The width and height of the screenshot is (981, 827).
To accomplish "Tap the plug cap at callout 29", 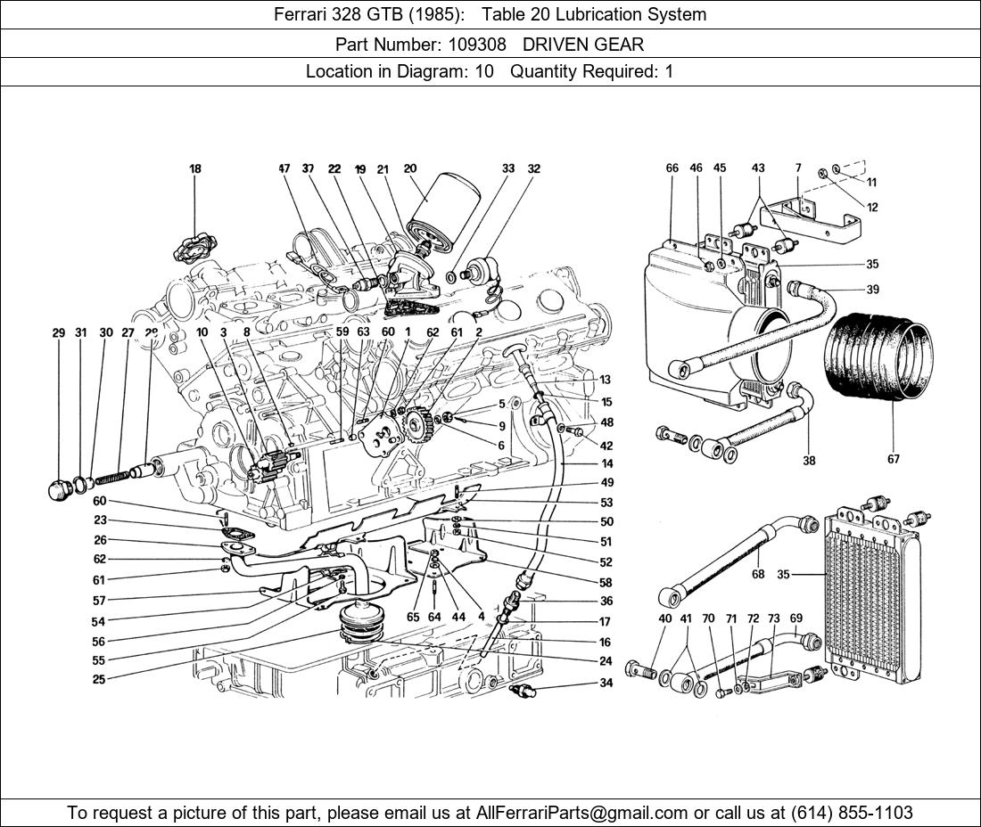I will tap(60, 489).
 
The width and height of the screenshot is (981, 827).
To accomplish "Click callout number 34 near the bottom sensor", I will tap(606, 684).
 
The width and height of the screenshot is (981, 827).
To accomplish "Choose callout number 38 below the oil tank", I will tap(810, 461).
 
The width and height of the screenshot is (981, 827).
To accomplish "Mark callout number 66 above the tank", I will tap(672, 168).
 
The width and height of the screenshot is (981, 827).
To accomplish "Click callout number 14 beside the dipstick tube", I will tap(606, 464).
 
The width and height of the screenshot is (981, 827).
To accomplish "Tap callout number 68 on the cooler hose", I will tap(758, 575).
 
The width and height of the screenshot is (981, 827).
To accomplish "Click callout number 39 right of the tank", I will tap(872, 290).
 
